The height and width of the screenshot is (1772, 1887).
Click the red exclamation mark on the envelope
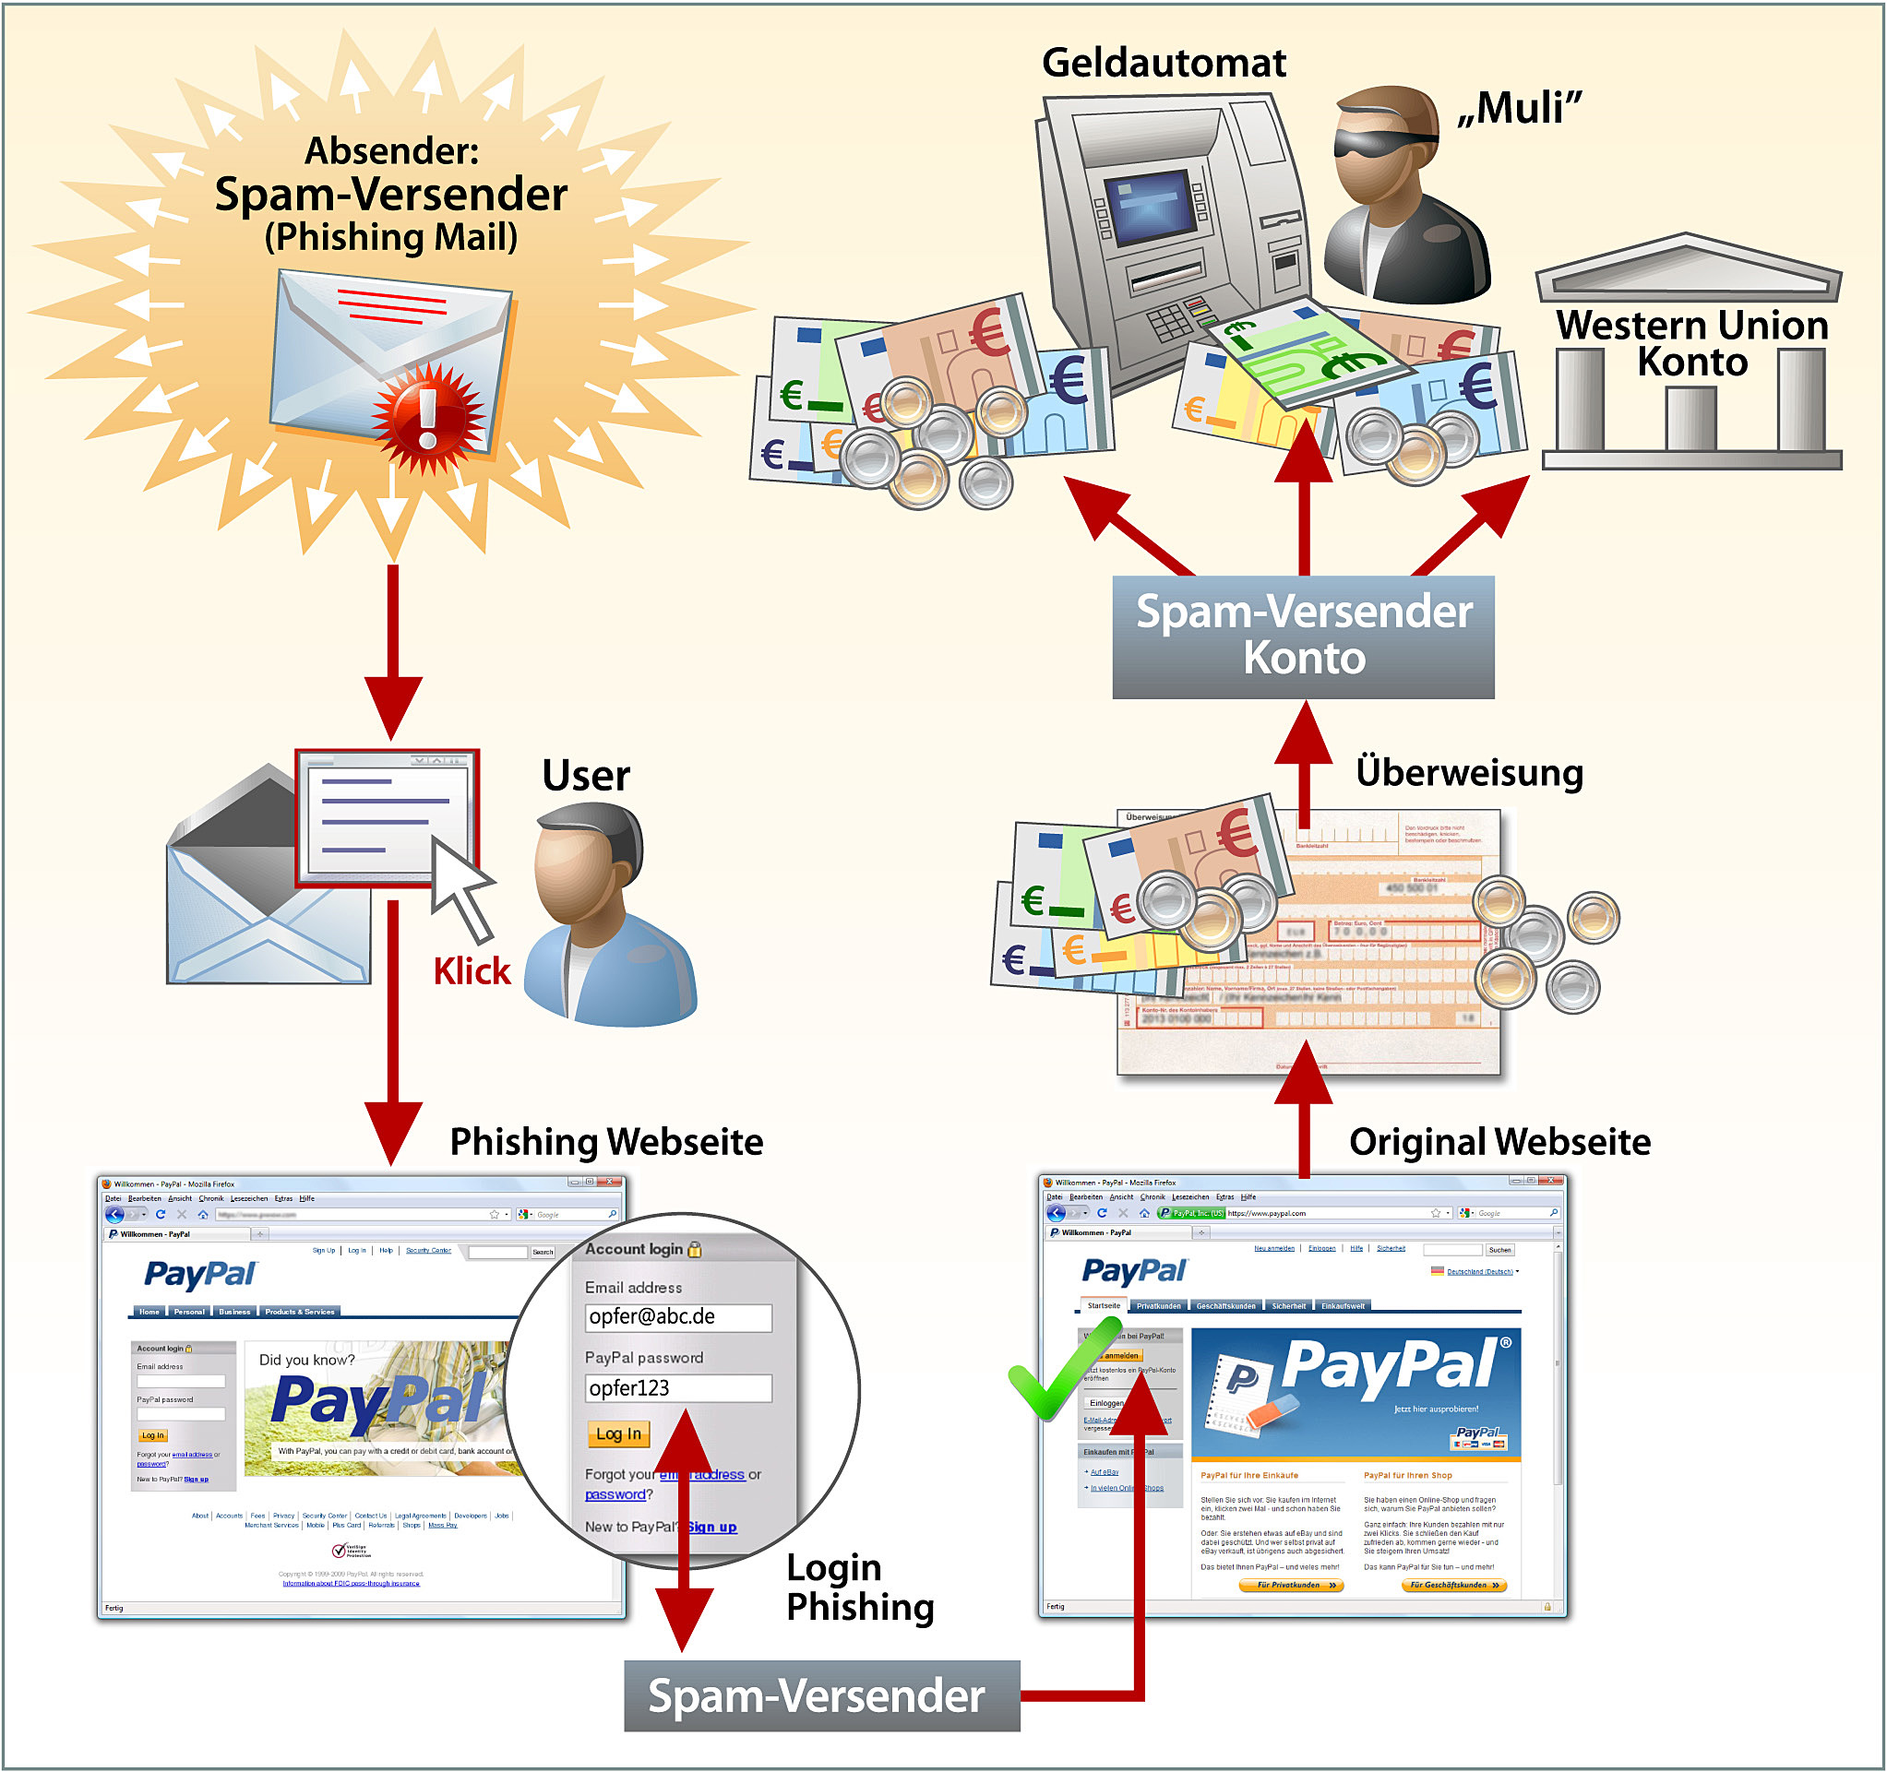tap(428, 419)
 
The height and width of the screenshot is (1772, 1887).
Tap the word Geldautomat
tap(1164, 64)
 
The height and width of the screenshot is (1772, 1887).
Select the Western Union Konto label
tap(1691, 343)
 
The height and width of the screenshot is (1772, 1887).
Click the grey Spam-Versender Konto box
tap(1303, 636)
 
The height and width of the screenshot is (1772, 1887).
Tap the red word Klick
tap(472, 971)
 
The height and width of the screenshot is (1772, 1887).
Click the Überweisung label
tap(1469, 773)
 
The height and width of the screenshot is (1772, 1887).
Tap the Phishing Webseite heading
tap(605, 1142)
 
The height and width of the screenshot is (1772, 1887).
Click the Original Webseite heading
tap(1499, 1142)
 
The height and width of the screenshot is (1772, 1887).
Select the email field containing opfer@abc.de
tap(677, 1317)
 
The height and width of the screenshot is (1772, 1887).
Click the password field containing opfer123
tap(677, 1388)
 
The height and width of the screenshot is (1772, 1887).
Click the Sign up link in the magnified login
tap(712, 1528)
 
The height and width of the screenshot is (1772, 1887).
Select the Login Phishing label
tap(860, 1587)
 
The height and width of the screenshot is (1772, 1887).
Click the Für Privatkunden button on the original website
tap(1291, 1585)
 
